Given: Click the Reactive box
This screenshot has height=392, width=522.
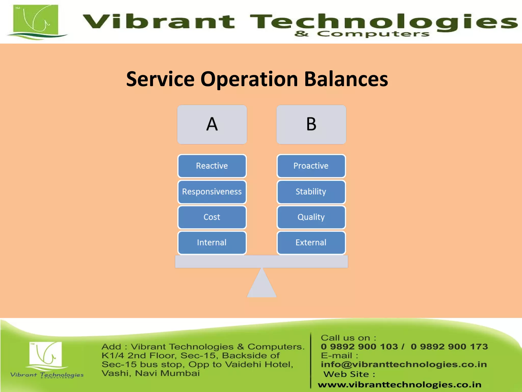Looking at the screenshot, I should tap(212, 166).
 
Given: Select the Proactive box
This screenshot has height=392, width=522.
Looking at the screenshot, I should tap(311, 166).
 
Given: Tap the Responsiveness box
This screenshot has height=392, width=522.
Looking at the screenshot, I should tap(212, 192).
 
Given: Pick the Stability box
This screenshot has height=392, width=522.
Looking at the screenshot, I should tap(311, 192).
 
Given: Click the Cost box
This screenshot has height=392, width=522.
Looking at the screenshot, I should tap(212, 217).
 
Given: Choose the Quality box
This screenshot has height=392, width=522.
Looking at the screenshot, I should tap(311, 217).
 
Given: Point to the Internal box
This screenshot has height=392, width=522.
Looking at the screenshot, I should tap(212, 242).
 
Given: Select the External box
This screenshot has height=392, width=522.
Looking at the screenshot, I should tap(311, 242).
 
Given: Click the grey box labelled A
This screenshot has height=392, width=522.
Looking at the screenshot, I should tap(212, 125).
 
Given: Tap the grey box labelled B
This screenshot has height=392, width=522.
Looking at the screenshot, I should tap(311, 125).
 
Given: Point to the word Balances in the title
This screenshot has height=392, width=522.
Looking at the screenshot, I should tap(346, 79).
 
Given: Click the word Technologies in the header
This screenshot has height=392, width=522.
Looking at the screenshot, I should tap(382, 22).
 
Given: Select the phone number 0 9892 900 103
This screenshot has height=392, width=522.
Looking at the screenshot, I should tap(359, 347).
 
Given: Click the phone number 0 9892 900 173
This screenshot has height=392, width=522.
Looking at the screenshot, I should tap(449, 347).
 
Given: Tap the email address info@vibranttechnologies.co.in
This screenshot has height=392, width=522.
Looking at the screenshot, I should tap(404, 364).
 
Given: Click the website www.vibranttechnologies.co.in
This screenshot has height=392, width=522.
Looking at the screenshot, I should tap(399, 385).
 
